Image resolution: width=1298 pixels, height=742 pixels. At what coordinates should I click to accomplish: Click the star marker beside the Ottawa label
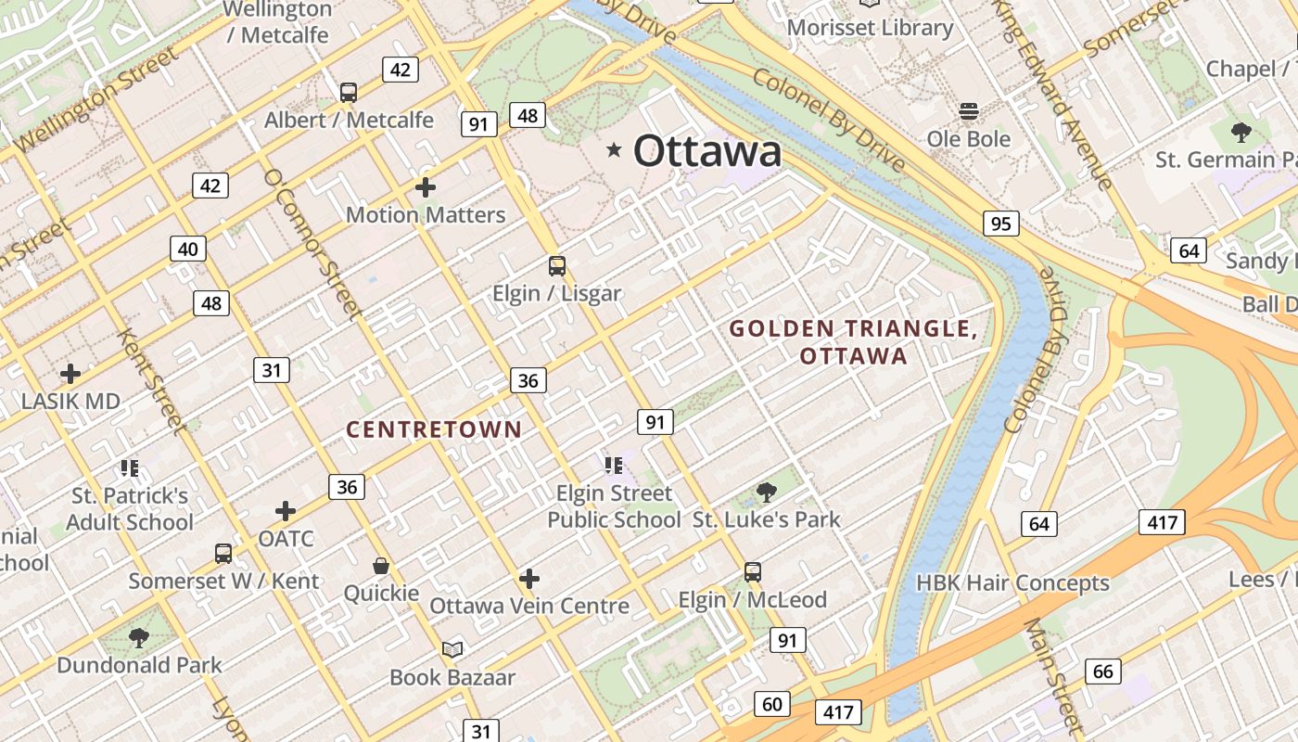(x=614, y=150)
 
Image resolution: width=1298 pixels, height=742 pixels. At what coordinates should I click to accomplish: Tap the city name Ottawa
(x=707, y=151)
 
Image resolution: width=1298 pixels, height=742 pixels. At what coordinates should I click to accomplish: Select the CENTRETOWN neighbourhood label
(x=434, y=429)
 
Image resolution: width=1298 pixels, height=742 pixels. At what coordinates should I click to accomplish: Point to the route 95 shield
(x=1000, y=224)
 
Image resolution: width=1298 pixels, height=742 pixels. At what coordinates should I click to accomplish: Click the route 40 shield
(x=188, y=249)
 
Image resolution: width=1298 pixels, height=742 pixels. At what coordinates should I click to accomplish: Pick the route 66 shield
(x=1102, y=672)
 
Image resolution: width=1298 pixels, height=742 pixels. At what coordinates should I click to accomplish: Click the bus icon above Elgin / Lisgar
(x=556, y=266)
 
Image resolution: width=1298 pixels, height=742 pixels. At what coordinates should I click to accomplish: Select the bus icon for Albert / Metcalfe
(x=349, y=92)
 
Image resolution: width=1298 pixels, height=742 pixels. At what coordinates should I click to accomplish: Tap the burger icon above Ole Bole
(x=969, y=111)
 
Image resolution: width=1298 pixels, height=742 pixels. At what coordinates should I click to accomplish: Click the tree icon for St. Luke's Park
(x=766, y=492)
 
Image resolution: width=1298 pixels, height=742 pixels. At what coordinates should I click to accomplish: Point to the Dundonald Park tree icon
(x=139, y=637)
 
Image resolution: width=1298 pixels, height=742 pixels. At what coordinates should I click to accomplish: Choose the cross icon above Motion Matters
(x=426, y=187)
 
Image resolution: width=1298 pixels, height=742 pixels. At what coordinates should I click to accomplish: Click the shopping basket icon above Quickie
(x=381, y=565)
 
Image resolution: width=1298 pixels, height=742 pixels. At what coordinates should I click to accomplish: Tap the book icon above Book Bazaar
(x=452, y=649)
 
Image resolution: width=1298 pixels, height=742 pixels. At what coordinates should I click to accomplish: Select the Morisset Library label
(x=870, y=28)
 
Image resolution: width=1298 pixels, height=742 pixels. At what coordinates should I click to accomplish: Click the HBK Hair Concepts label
(x=1012, y=583)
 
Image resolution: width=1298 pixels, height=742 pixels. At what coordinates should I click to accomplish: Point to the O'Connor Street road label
(x=311, y=243)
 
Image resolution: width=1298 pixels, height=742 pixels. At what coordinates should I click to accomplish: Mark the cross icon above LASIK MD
(x=70, y=374)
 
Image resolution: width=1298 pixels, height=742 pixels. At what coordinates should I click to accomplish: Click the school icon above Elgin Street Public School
(x=613, y=465)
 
